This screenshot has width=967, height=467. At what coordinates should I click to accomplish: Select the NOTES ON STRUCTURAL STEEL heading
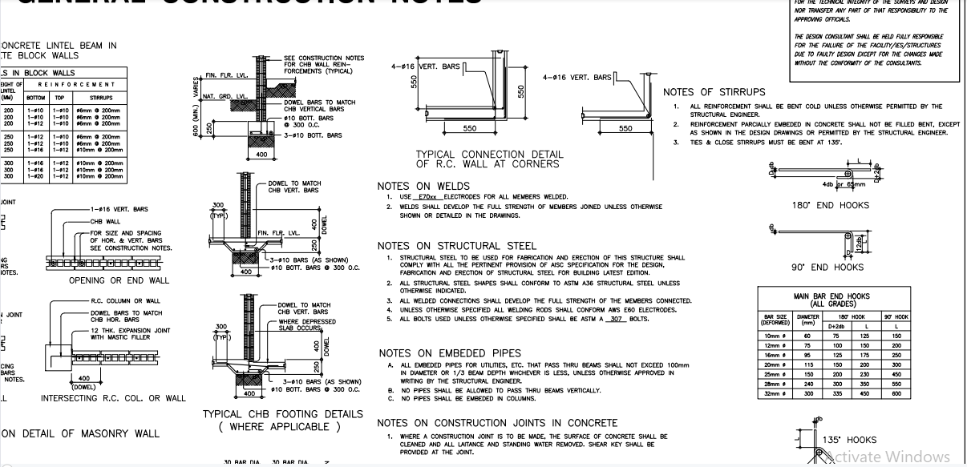(457, 245)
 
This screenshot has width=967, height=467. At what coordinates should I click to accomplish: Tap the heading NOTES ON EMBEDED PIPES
(449, 353)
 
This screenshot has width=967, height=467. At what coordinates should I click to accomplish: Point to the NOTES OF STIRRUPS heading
(714, 93)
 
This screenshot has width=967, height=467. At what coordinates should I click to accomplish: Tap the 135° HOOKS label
(850, 440)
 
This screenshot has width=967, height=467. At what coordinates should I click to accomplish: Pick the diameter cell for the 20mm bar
(808, 364)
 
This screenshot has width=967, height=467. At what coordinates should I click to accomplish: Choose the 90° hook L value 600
(896, 394)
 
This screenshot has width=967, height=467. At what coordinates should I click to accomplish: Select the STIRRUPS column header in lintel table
(101, 98)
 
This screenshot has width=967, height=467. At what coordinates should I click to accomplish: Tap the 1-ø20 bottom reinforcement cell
(35, 175)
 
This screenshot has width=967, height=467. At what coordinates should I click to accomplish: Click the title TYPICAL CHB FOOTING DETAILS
(282, 414)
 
